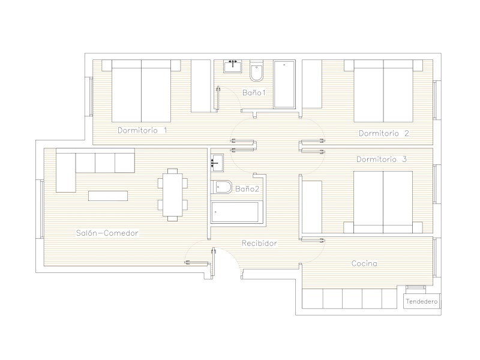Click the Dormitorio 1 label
tap(142, 130)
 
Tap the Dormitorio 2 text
tap(384, 133)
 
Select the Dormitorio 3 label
tap(382, 159)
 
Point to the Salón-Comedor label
tap(107, 233)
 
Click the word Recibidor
tap(259, 244)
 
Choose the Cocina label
tap(364, 263)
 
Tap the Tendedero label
tap(422, 302)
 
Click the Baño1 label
tap(254, 92)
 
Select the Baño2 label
tap(247, 189)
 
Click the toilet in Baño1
tap(257, 71)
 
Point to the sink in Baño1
tap(233, 67)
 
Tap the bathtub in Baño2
tap(236, 212)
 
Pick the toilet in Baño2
tap(221, 187)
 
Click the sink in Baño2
tap(217, 163)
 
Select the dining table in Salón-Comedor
tap(173, 194)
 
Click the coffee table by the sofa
tap(108, 196)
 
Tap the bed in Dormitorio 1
tap(141, 91)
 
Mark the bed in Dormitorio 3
tap(383, 202)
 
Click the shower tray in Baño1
tap(284, 85)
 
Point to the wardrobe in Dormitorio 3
tap(312, 207)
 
